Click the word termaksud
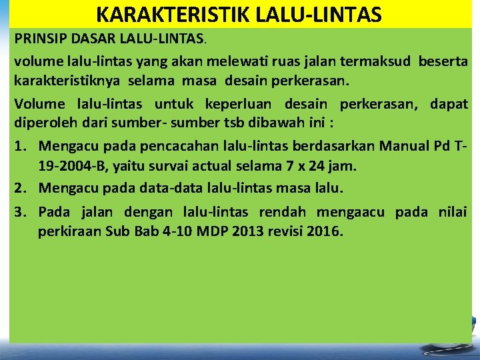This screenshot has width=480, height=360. (x=375, y=62)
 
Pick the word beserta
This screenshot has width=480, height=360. (x=443, y=62)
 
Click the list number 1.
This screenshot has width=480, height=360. (x=19, y=146)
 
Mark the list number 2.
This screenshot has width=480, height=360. (x=19, y=188)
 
